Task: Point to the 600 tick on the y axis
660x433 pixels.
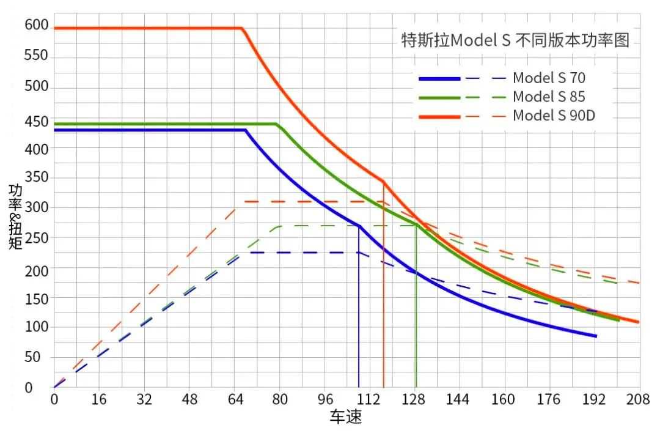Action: tap(36, 25)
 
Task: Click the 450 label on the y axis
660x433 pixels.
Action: tap(36, 121)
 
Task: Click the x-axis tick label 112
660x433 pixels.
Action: tap(369, 400)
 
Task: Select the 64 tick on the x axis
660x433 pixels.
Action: tap(235, 400)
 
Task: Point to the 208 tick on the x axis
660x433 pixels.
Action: tap(637, 400)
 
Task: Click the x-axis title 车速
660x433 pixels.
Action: tap(346, 418)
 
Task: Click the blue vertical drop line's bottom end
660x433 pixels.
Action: tap(359, 386)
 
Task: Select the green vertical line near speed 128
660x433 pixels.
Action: tap(416, 306)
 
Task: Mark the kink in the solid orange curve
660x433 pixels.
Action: tap(383, 182)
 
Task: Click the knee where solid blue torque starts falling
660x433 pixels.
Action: tap(246, 130)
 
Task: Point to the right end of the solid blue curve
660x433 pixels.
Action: tap(596, 336)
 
